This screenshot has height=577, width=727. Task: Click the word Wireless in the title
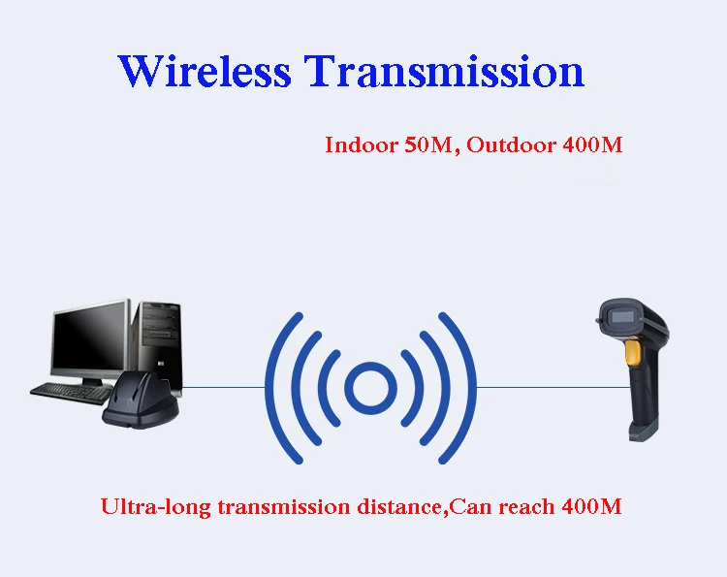205,71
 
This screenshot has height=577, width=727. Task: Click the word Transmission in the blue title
444,71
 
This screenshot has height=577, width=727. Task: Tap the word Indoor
362,144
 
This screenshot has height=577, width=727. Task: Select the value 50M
427,144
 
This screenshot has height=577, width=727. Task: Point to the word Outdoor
511,144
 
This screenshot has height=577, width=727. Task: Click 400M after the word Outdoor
592,144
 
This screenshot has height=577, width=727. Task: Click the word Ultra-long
155,506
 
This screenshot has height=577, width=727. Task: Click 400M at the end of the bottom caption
591,506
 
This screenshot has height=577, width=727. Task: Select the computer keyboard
73,394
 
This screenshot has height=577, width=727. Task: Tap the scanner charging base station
141,401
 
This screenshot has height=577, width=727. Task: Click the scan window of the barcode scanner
621,318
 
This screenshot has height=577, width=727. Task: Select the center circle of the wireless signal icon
371,388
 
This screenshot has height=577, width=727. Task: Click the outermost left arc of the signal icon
281,388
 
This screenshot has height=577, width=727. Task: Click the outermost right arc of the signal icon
460,388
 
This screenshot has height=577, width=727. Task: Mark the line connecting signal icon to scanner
553,387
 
